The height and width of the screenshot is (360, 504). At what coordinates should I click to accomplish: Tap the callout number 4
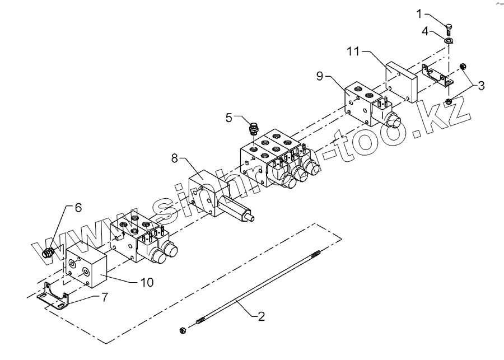coord(426,32)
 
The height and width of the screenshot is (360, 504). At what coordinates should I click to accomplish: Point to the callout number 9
coord(320,76)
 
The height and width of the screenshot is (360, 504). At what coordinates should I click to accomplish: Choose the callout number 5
coord(229,118)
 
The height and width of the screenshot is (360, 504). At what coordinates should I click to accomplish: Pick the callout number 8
coord(175,159)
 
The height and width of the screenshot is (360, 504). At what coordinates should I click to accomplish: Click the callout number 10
coord(147,283)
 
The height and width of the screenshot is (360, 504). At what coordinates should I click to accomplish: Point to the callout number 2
coord(261,316)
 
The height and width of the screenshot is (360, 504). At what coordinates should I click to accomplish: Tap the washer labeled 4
coord(449,40)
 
